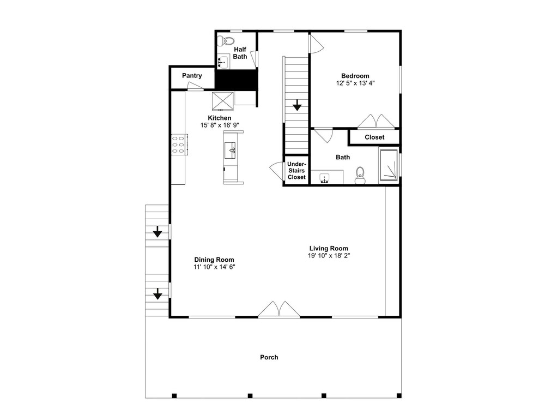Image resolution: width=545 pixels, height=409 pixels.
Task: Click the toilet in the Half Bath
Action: pos(226,41)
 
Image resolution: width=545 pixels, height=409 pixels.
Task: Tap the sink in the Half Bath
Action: pos(223,63)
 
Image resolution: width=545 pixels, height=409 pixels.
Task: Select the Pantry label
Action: pos(192,75)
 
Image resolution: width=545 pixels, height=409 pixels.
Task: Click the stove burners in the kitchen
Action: pos(178,145)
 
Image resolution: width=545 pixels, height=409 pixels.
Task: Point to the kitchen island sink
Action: pos(230,151)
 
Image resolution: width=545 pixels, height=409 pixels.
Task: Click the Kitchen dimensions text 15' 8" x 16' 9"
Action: pos(220,125)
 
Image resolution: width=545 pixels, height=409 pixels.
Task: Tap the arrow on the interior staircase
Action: pos(297,105)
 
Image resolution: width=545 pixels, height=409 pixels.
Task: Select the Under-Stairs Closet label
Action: pos(296,170)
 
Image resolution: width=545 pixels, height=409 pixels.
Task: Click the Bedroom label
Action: pos(355,76)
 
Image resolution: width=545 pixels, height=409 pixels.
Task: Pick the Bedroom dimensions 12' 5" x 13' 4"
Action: pos(355,83)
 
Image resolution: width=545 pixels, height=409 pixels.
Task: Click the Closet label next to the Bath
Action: pos(374,137)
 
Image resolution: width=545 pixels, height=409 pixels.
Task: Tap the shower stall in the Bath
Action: pos(389,165)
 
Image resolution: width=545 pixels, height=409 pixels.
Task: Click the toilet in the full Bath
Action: pos(360,175)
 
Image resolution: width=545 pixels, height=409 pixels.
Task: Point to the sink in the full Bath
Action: pos(325,178)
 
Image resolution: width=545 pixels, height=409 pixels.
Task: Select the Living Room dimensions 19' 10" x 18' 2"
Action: pos(329,256)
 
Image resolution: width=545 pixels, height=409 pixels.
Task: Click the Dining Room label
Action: pos(214,260)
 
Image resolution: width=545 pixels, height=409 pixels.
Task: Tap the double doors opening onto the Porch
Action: pos(278,309)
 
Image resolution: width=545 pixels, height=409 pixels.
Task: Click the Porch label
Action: pos(269,357)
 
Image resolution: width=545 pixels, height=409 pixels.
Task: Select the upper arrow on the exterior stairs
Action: pos(158,232)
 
